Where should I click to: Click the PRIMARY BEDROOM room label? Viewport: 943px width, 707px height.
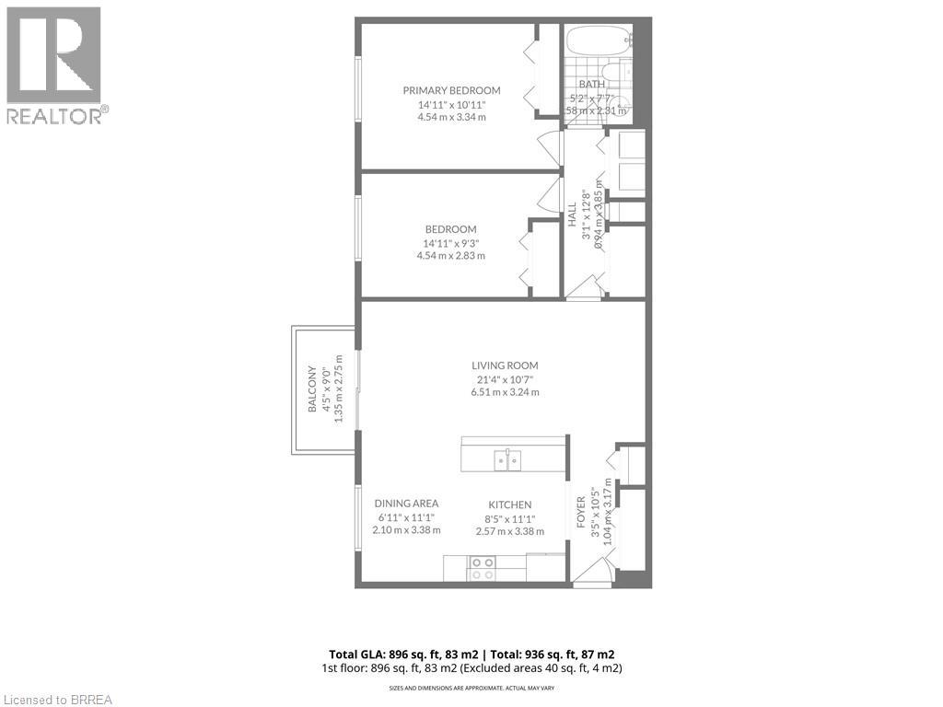pyautogui.click(x=451, y=90)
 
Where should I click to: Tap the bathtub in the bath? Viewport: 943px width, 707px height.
pyautogui.click(x=598, y=41)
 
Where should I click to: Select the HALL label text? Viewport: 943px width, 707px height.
pyautogui.click(x=572, y=214)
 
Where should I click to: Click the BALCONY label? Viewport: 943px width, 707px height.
pyautogui.click(x=312, y=389)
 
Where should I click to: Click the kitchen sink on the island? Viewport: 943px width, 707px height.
pyautogui.click(x=506, y=459)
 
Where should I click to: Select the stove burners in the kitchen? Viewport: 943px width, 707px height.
pyautogui.click(x=482, y=569)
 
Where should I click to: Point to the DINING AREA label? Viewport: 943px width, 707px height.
pyautogui.click(x=406, y=504)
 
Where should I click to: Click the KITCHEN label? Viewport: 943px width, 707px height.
pyautogui.click(x=509, y=504)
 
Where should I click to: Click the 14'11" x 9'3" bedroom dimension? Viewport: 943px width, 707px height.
pyautogui.click(x=450, y=243)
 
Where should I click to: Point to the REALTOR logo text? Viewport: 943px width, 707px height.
pyautogui.click(x=57, y=115)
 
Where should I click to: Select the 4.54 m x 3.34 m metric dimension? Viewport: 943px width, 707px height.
pyautogui.click(x=451, y=117)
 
